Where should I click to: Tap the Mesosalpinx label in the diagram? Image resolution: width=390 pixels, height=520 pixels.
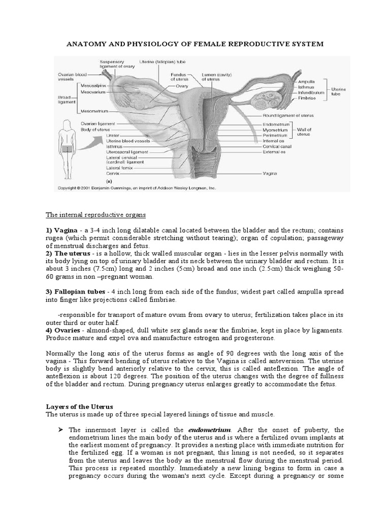(x=94, y=86)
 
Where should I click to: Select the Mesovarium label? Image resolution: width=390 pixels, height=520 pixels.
(x=93, y=92)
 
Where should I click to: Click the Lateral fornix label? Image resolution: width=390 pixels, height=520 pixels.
(x=120, y=168)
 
